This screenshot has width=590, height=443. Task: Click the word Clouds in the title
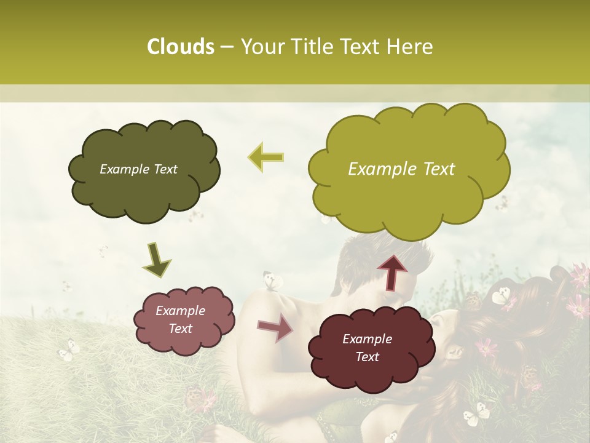pyautogui.click(x=180, y=47)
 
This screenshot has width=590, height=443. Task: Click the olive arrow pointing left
pyautogui.click(x=266, y=157)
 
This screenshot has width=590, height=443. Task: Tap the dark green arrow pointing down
pyautogui.click(x=157, y=260)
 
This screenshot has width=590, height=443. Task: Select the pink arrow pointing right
pyautogui.click(x=275, y=329)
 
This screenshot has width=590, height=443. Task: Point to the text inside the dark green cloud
pyautogui.click(x=138, y=169)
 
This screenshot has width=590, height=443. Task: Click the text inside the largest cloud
pyautogui.click(x=401, y=169)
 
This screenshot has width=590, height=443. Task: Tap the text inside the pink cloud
pyautogui.click(x=180, y=320)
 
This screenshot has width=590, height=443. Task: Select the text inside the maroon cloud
pyautogui.click(x=367, y=348)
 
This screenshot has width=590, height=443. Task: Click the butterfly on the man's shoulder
pyautogui.click(x=272, y=281)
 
